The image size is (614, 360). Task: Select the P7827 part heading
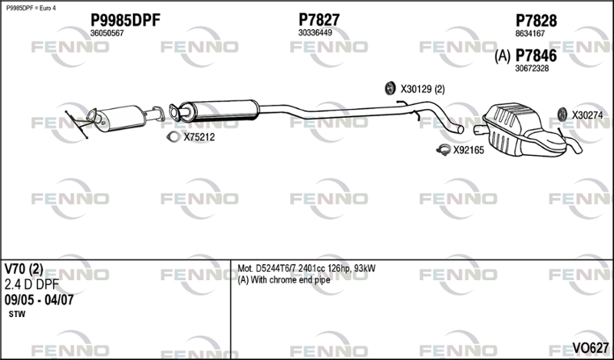click(x=319, y=20)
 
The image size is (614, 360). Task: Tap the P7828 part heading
click(x=536, y=21)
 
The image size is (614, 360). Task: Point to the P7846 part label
click(x=536, y=55)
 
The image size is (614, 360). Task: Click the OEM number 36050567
click(x=107, y=33)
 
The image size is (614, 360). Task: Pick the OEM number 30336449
click(x=315, y=33)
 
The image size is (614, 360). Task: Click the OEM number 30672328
click(x=531, y=68)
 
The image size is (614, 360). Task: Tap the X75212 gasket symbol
click(x=173, y=137)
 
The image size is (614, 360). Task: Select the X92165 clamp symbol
click(x=442, y=150)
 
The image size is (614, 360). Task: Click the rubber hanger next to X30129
click(x=389, y=88)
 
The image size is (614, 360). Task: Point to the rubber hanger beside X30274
click(x=561, y=114)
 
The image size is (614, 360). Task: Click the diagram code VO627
click(x=590, y=348)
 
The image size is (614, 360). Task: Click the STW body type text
click(x=17, y=315)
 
